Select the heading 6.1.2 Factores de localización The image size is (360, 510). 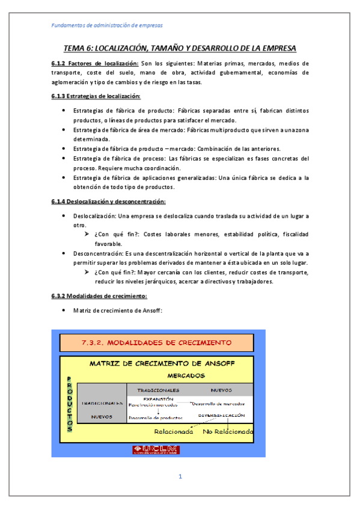click(95, 63)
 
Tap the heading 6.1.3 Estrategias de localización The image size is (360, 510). click(96, 96)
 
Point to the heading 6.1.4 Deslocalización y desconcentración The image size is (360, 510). click(108, 201)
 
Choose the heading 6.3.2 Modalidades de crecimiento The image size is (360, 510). click(99, 296)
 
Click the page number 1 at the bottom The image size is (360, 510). click(180, 477)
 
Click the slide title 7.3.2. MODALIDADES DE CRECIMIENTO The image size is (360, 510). click(156, 343)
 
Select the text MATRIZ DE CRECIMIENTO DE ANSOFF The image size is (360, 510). click(162, 364)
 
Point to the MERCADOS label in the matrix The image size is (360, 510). click(186, 375)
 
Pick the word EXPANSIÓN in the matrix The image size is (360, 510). click(159, 399)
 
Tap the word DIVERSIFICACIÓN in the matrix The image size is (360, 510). click(222, 416)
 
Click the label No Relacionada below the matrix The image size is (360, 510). click(228, 431)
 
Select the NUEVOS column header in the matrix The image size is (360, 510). click(221, 390)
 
